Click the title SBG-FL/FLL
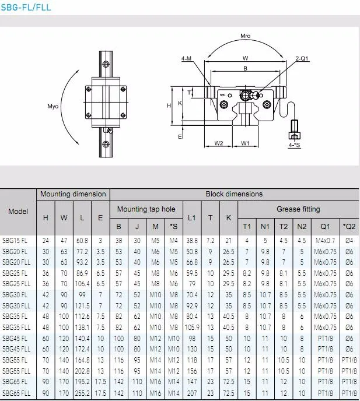point(26,8)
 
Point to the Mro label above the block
point(245,36)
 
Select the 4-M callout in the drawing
point(187,58)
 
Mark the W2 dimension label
point(219,143)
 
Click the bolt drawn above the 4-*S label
point(294,127)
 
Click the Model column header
point(18,211)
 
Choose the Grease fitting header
point(298,209)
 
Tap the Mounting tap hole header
point(146,209)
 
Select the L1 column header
point(192,217)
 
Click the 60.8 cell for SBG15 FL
point(82,240)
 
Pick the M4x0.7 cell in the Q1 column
point(325,240)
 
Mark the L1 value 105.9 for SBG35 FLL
point(192,328)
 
